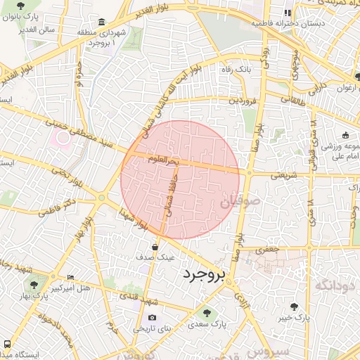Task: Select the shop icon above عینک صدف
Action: click(154, 246)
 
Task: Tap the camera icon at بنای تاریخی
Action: click(152, 318)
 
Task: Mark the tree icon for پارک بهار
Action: click(34, 285)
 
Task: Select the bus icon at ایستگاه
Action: click(7, 345)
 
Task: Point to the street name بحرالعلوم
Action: click(163, 160)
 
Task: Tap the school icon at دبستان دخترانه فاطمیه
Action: click(287, 12)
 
